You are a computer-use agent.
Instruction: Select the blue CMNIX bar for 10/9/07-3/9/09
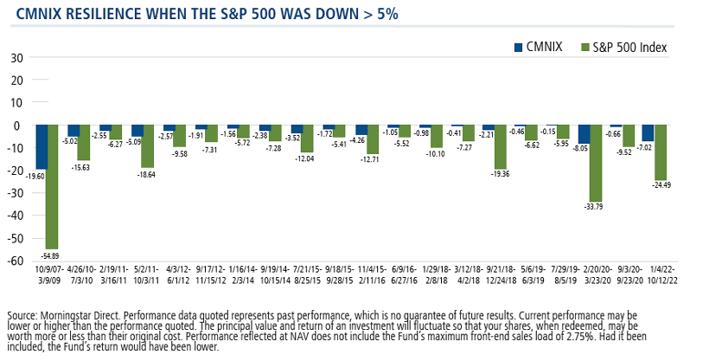[42, 147]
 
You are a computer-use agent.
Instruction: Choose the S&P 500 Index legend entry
[629, 47]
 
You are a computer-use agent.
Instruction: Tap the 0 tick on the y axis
[18, 126]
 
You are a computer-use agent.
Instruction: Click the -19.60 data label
[35, 175]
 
